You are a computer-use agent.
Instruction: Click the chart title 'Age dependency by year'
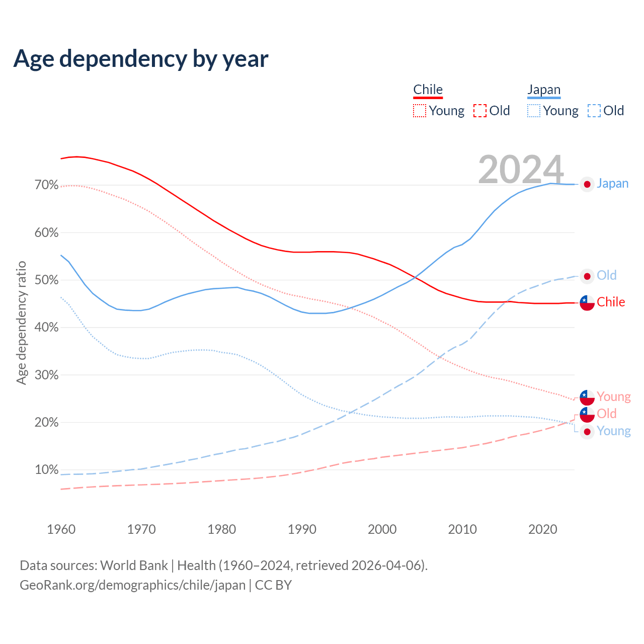tap(141, 59)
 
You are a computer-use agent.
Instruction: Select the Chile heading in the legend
tap(428, 90)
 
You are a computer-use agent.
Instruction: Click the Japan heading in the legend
tap(544, 90)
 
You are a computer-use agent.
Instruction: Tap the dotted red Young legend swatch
tap(420, 111)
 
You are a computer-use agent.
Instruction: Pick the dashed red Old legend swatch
tap(480, 111)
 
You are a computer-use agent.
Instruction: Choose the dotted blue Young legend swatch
tap(534, 111)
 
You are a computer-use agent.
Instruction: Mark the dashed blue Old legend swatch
tap(594, 111)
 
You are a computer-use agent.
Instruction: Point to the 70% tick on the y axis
tap(47, 185)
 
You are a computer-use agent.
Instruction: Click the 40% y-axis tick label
tap(47, 328)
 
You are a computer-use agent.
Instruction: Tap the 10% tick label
tap(47, 470)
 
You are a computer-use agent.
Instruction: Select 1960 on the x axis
tap(61, 529)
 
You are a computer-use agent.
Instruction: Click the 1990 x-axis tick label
tap(302, 529)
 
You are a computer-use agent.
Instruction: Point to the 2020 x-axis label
tap(543, 529)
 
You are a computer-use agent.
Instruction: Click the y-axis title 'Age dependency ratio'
tap(21, 323)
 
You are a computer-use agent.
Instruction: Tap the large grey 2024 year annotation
tap(521, 170)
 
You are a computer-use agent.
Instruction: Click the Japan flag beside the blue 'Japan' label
tap(587, 184)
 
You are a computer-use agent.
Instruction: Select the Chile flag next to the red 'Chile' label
tap(587, 303)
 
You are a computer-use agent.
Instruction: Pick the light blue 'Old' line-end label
tap(606, 275)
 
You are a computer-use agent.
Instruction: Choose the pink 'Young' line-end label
tap(613, 397)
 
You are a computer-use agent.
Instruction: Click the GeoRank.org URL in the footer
tap(132, 585)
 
